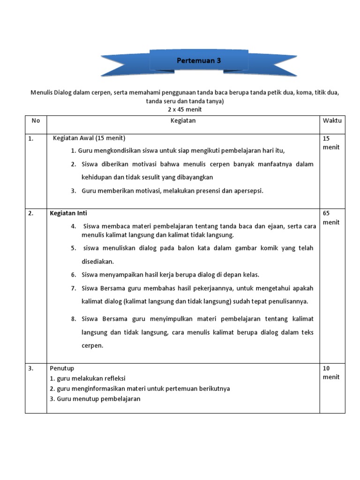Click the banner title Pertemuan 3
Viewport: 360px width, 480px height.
pos(198,61)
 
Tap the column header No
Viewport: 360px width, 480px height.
pos(36,120)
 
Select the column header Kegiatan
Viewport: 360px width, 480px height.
pos(183,120)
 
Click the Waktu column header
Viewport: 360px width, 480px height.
pos(332,120)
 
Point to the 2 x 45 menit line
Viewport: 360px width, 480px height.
pos(185,110)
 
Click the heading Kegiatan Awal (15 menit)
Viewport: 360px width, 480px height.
pos(89,138)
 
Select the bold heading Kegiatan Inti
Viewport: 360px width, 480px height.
pos(68,213)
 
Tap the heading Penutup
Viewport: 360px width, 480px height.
pos(62,368)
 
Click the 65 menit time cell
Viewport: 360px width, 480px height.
pos(331,217)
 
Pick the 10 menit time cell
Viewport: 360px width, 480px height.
pos(331,373)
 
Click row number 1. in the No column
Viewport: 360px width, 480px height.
pos(30,138)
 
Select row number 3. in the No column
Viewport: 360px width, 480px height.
pos(30,368)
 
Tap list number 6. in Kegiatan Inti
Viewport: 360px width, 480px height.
pos(74,275)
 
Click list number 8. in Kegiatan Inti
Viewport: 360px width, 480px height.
pos(74,319)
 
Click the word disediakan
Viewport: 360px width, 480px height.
pos(97,262)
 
